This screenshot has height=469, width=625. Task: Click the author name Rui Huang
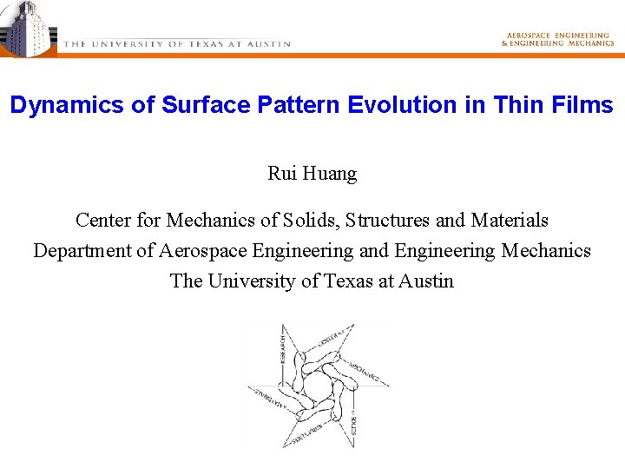312,174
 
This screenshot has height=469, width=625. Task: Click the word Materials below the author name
510,221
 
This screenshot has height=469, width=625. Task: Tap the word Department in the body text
82,251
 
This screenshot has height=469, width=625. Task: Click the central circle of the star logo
316,386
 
